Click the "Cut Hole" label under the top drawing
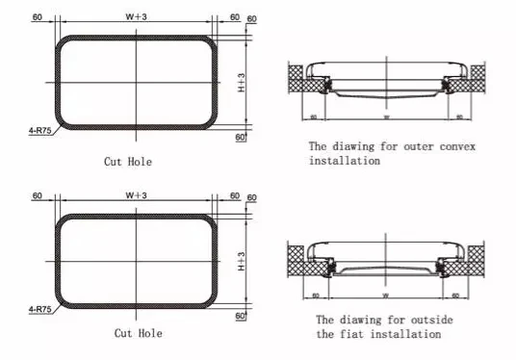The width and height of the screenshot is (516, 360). click(127, 162)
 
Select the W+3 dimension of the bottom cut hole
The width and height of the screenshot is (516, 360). click(137, 196)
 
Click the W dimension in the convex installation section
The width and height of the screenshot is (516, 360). click(385, 117)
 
